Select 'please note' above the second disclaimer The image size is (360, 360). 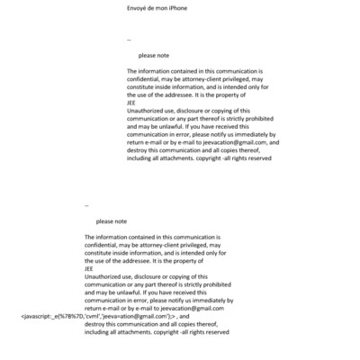(x=112, y=220)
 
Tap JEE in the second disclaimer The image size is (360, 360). (x=88, y=267)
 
